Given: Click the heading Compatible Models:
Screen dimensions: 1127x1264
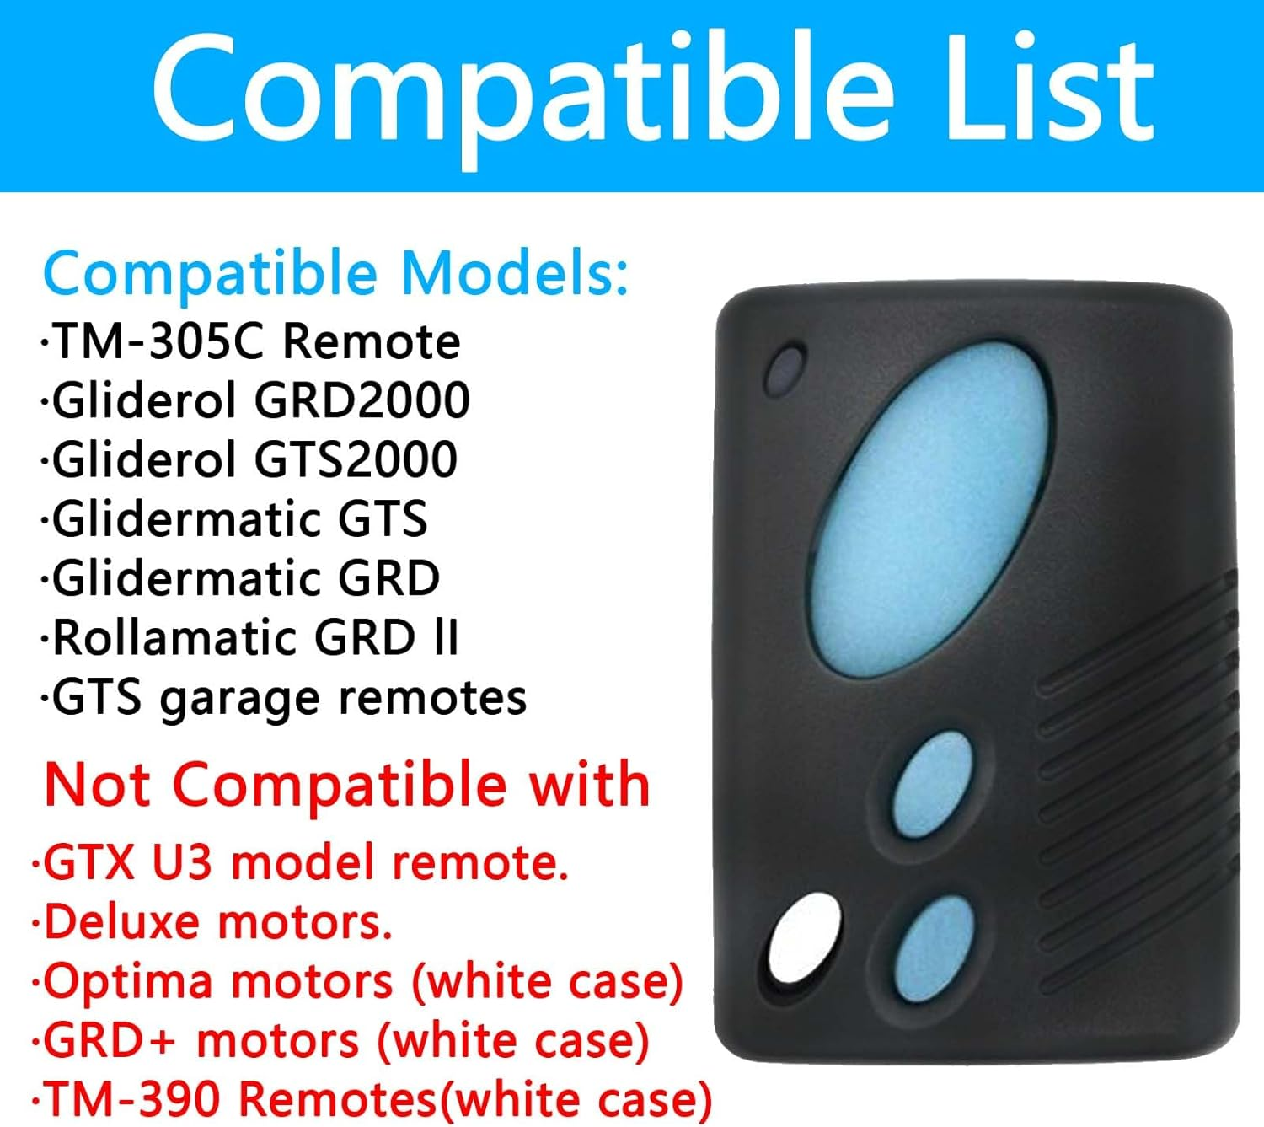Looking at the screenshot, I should point(335,274).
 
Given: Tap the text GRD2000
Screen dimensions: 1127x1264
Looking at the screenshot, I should point(362,400).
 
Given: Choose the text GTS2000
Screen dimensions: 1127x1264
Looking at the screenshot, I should point(356,459).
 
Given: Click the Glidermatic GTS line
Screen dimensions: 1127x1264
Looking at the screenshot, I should point(236,518).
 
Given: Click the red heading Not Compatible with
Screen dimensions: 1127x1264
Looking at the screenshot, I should point(347,785).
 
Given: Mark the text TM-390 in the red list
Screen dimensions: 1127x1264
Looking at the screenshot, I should point(135,1099).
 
